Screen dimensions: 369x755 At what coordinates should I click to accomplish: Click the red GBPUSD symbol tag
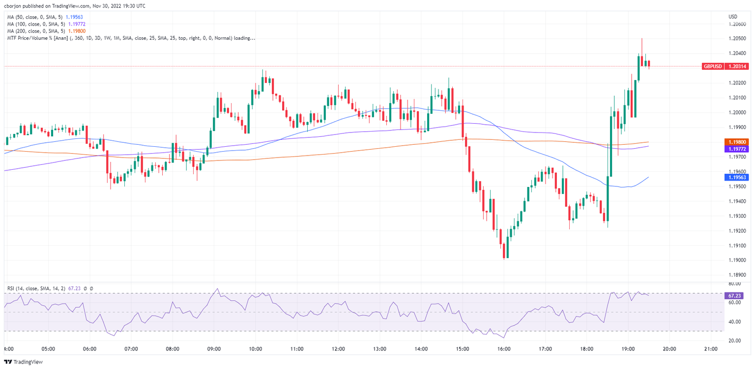[713, 66]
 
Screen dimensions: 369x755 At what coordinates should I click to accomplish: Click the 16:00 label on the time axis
[504, 349]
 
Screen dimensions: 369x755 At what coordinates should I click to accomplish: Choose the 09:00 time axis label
[214, 349]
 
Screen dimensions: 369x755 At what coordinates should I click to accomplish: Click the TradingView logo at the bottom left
[25, 362]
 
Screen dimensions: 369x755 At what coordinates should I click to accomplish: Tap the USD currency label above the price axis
[732, 17]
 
